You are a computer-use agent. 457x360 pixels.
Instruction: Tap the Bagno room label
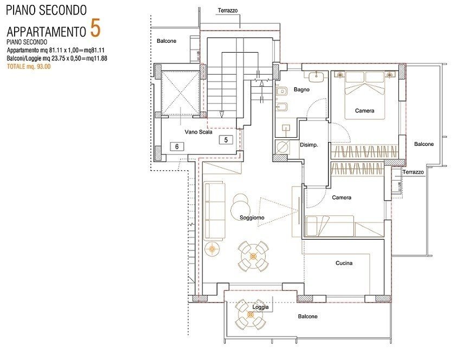tap(301, 89)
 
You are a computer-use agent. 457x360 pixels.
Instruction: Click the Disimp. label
tap(308, 145)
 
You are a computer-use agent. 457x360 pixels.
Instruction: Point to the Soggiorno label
tap(252, 217)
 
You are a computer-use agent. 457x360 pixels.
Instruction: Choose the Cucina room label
tap(344, 263)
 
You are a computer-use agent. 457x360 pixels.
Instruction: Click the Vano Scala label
tap(198, 132)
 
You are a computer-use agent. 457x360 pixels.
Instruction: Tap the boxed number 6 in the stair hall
tap(175, 146)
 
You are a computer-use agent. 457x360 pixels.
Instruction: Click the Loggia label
tap(261, 307)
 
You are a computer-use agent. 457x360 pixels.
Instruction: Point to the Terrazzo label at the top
tap(227, 10)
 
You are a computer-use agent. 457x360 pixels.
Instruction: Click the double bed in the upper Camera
tap(364, 89)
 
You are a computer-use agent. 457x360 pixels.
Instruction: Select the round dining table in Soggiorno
tap(253, 254)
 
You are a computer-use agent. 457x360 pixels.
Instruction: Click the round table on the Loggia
tap(250, 314)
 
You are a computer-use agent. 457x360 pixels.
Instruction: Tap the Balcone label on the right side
tap(423, 144)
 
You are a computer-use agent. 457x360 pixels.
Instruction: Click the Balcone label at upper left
tap(166, 41)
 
